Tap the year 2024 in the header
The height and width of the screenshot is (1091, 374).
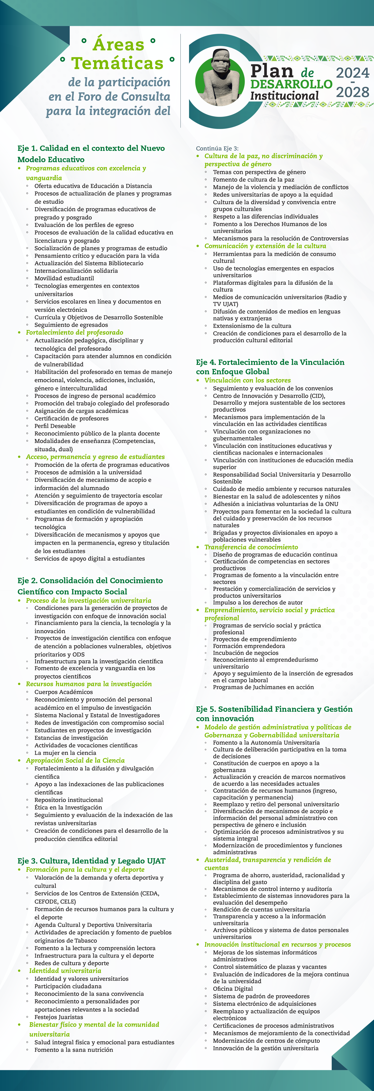pyautogui.click(x=352, y=73)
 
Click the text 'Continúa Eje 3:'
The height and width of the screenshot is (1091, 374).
pyautogui.click(x=217, y=148)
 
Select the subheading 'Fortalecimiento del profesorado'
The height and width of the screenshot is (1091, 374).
pyautogui.click(x=75, y=333)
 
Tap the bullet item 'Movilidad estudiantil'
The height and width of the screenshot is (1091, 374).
pyautogui.click(x=64, y=278)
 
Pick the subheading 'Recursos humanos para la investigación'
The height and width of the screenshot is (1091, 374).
pyautogui.click(x=89, y=684)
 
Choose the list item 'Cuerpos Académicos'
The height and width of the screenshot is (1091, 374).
pyautogui.click(x=64, y=692)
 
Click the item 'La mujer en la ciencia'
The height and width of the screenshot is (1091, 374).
pyautogui.click(x=65, y=753)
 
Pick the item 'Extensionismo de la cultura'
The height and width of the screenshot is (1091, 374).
pyautogui.click(x=252, y=326)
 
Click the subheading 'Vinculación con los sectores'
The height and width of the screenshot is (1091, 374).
pyautogui.click(x=248, y=380)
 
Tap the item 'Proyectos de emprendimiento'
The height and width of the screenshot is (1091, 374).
pyautogui.click(x=254, y=639)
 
